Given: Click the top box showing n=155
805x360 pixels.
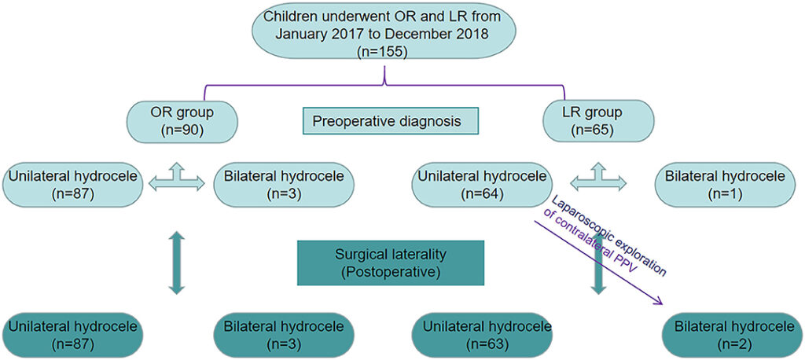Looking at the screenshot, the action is coord(384,33).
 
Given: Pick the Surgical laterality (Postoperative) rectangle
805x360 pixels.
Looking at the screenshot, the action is coord(391,263).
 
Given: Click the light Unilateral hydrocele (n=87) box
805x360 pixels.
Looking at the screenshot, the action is coord(72,182).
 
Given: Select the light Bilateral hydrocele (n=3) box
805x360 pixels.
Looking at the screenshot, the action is coord(285,182).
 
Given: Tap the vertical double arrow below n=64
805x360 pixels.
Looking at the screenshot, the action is coord(598,272).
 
